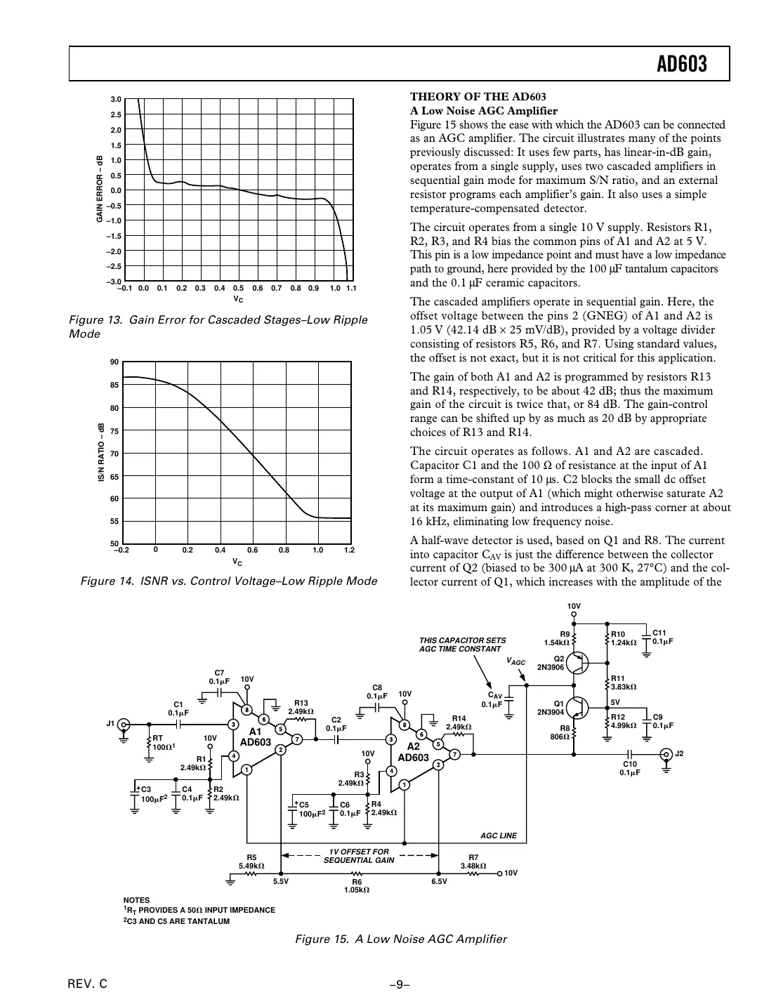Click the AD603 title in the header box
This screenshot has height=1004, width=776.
(681, 65)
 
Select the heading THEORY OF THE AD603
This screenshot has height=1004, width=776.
(478, 97)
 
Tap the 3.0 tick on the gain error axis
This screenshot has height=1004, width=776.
(116, 100)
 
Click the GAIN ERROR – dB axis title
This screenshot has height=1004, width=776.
(100, 190)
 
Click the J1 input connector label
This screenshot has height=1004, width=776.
(110, 724)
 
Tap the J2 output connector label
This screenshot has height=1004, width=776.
(678, 753)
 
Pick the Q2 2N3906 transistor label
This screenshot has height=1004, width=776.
(551, 663)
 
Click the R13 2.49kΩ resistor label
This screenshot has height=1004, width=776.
(301, 706)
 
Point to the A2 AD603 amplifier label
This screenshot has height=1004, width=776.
(413, 753)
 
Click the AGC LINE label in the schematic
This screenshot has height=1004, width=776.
(499, 835)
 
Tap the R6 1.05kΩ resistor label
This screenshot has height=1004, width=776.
(357, 885)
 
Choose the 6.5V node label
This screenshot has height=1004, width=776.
(439, 881)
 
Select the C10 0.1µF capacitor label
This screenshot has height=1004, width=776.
(629, 768)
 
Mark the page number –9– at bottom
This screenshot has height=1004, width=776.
(400, 984)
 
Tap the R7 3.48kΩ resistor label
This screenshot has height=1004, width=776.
(473, 861)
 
